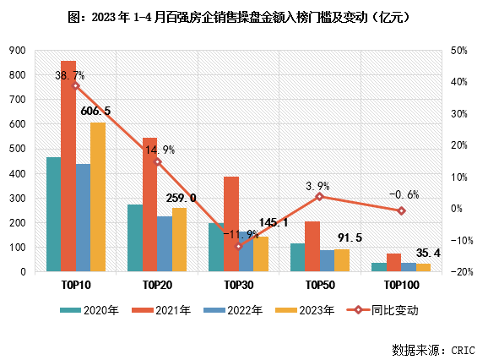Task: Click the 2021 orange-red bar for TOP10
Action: pos(68,166)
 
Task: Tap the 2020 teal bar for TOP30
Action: pos(215,248)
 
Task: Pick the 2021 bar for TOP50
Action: pos(312,247)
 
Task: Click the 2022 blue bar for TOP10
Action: pos(83,218)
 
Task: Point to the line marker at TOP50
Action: pos(319,197)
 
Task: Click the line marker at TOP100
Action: pos(401,210)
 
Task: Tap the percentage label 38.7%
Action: pos(70,75)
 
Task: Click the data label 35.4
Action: pos(429,252)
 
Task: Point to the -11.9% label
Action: pos(241,234)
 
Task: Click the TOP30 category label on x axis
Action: pos(238,285)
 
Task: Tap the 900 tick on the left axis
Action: pos(17,51)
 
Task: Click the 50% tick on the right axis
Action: pos(460,51)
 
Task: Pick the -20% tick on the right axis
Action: pos(460,272)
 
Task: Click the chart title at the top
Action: pos(245,16)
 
